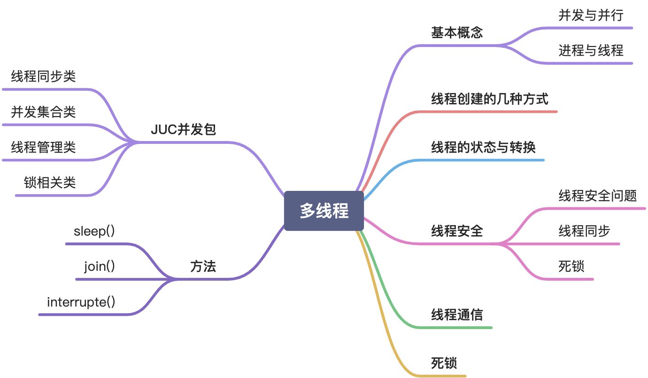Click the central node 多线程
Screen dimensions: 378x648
coord(324,211)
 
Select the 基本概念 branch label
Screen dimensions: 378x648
coord(457,32)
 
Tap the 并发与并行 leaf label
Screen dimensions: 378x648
coord(591,16)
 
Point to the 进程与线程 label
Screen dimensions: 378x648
coord(591,50)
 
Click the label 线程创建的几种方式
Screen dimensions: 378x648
coord(490,99)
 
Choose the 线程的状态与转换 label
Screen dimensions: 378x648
coord(483,148)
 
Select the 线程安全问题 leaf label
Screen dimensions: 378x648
coord(597,196)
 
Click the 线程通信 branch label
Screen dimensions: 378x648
coord(457,315)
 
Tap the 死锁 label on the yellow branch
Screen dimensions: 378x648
coord(444,363)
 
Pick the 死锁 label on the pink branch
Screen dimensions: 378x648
coord(571,267)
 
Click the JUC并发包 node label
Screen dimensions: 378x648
coord(183,130)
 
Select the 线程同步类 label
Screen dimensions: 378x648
coord(43,77)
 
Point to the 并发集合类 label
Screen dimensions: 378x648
coord(43,112)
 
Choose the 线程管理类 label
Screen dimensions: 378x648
coord(43,148)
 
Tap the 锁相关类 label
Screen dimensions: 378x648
coord(50,183)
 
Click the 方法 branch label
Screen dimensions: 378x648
coord(203,267)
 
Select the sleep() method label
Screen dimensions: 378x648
coord(94,231)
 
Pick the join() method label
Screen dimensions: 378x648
coord(100,267)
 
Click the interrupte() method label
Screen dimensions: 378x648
coord(81,302)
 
